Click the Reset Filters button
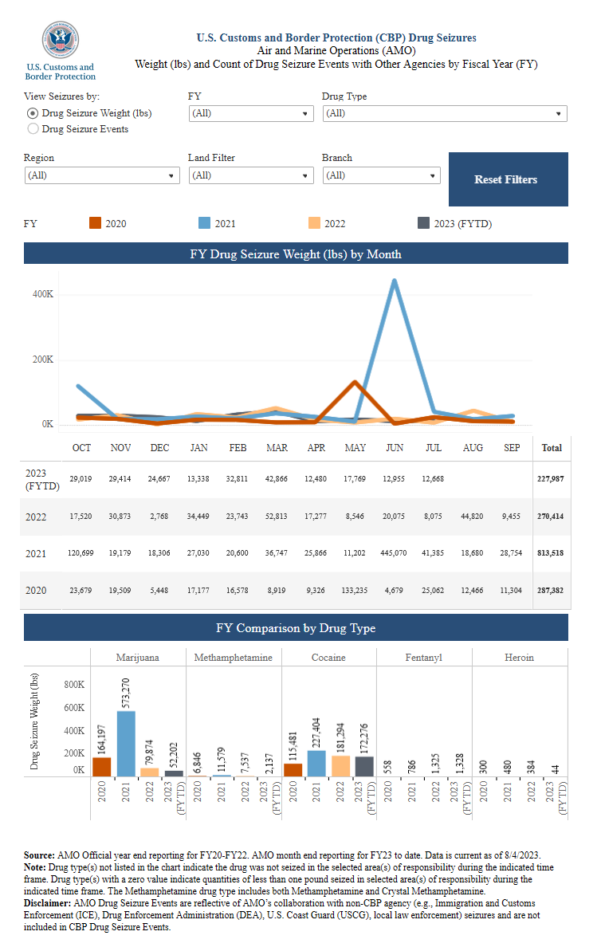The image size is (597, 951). click(x=508, y=179)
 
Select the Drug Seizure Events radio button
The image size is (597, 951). click(x=33, y=128)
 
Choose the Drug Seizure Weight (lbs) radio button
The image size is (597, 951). click(x=33, y=113)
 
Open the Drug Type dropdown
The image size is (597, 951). click(x=445, y=113)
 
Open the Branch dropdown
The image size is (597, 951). click(x=381, y=175)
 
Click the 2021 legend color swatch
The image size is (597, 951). click(x=204, y=224)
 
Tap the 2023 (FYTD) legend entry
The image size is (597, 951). click(x=454, y=224)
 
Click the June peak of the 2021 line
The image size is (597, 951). click(x=394, y=281)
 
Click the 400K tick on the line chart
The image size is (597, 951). click(x=42, y=294)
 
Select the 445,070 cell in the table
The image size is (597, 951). click(x=394, y=553)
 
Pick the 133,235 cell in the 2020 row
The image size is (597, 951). click(x=355, y=590)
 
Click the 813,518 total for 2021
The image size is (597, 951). click(x=552, y=553)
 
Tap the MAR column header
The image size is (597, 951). click(x=277, y=448)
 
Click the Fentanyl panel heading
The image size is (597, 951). click(x=423, y=658)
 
